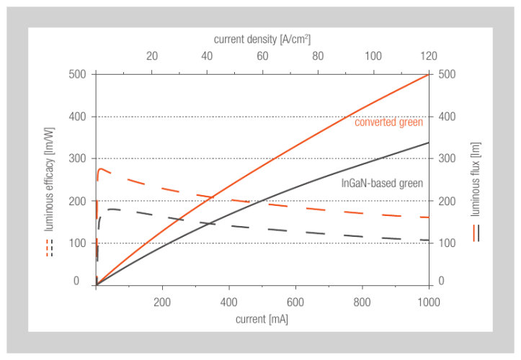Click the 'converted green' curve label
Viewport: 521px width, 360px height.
[x=388, y=122]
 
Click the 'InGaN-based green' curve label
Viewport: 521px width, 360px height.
[x=382, y=183]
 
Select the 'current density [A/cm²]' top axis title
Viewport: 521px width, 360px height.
[x=262, y=38]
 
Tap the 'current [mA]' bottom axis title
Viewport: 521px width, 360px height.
[x=262, y=318]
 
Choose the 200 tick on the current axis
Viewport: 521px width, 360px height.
[x=162, y=301]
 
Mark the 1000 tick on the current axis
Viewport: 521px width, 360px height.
[x=428, y=301]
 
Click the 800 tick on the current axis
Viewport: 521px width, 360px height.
[x=362, y=301]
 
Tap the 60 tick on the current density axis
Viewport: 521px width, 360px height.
[x=262, y=57]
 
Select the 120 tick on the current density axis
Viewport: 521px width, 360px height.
[x=428, y=57]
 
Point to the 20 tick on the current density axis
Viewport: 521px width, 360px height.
[x=151, y=57]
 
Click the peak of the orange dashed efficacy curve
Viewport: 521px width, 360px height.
[x=101, y=169]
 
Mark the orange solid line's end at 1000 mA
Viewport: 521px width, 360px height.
[x=429, y=74]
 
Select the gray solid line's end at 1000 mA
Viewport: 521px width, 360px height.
[x=429, y=143]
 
